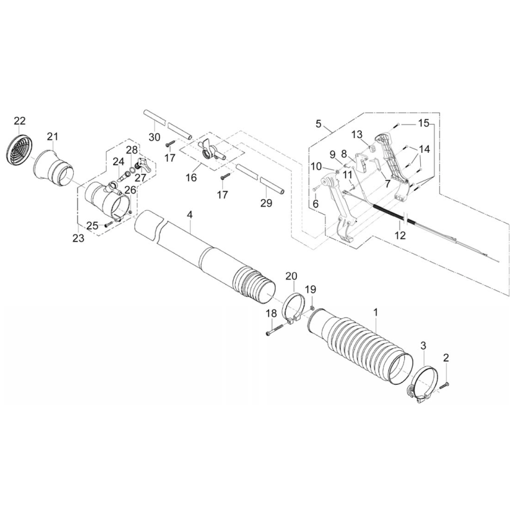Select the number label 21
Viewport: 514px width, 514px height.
(52, 136)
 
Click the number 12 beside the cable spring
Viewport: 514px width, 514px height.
(400, 236)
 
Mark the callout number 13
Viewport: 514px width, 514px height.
(357, 134)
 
